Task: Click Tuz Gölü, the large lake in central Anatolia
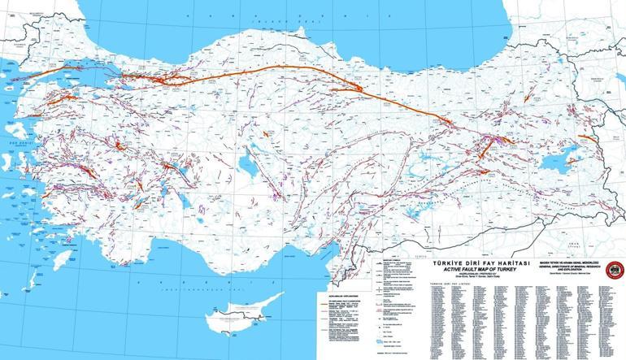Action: point(245,165)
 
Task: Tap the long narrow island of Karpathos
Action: point(33,280)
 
